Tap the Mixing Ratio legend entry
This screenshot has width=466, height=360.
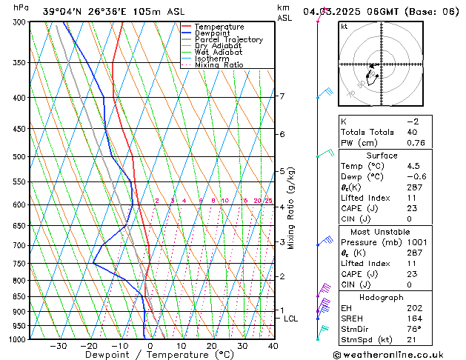(219, 65)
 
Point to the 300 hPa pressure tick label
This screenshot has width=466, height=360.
(19, 23)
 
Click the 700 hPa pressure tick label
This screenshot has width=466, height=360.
(19, 245)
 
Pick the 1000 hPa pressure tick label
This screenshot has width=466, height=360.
(17, 339)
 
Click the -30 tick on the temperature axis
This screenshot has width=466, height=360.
(59, 346)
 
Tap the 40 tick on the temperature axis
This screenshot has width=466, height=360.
(273, 346)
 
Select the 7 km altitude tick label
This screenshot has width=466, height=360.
(282, 96)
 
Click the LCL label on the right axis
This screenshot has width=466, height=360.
(291, 319)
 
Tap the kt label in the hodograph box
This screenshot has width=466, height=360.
(344, 27)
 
